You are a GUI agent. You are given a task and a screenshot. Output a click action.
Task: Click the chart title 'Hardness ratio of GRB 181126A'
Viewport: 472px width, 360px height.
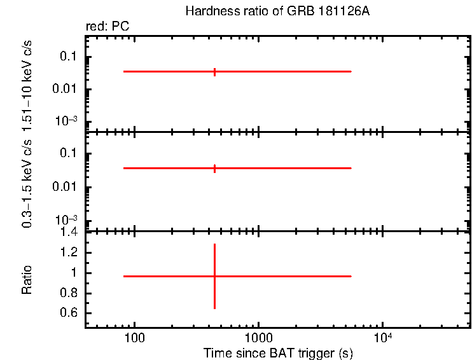coord(277,11)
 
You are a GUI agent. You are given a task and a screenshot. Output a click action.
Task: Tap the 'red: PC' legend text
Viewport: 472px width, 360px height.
coord(108,27)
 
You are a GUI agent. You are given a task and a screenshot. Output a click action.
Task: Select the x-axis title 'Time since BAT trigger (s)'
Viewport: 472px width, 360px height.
coord(278,352)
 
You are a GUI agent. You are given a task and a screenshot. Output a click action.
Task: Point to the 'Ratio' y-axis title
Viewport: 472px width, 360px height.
coord(27,279)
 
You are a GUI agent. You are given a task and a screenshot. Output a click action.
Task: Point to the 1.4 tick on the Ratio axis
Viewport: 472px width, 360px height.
coord(69,232)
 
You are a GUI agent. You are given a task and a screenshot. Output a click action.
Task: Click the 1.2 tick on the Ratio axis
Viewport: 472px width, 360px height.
coord(69,253)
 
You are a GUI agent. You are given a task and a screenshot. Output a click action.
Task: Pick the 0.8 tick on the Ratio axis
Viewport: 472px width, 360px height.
coord(69,293)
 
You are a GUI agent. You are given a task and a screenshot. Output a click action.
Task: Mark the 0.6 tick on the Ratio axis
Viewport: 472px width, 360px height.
coord(69,314)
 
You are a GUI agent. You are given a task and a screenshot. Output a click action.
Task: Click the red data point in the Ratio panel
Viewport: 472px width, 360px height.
coord(215,276)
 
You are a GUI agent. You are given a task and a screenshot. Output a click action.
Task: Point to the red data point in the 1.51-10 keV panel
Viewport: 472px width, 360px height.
coord(215,71)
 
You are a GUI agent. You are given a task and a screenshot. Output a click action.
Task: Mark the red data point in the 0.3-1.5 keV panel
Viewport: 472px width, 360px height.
coord(215,168)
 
